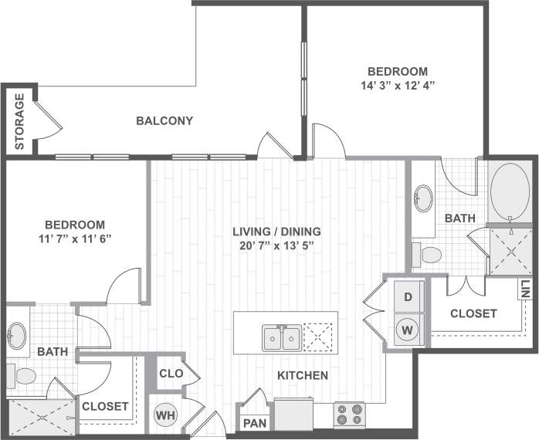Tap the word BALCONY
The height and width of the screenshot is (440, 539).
pyautogui.click(x=164, y=120)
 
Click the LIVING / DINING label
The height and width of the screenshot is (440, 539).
pyautogui.click(x=278, y=232)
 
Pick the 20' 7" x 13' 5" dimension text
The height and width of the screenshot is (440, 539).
pyautogui.click(x=278, y=246)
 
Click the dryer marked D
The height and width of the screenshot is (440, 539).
pyautogui.click(x=408, y=296)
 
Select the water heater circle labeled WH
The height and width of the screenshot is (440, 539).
pyautogui.click(x=165, y=415)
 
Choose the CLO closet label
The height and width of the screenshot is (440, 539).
pyautogui.click(x=171, y=374)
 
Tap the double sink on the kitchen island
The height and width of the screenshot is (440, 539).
pyautogui.click(x=281, y=337)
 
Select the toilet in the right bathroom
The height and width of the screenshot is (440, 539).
pyautogui.click(x=427, y=253)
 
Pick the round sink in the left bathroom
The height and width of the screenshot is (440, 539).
pyautogui.click(x=18, y=336)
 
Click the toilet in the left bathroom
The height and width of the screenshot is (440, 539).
pyautogui.click(x=23, y=377)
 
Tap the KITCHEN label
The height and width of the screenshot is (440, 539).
pyautogui.click(x=303, y=376)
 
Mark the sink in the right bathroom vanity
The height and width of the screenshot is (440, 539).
pyautogui.click(x=424, y=198)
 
